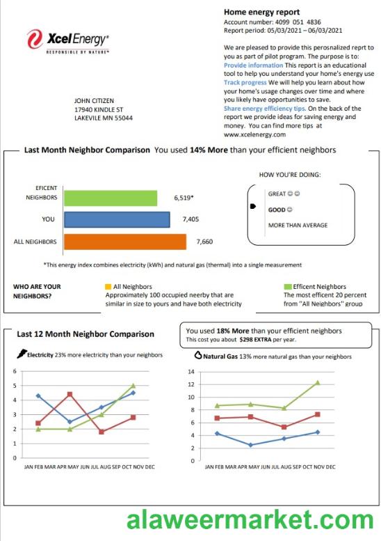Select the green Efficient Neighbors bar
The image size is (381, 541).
110,198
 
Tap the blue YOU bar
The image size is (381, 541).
116,219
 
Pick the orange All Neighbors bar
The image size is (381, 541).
124,242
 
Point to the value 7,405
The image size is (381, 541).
190,219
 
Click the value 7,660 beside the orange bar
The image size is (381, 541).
205,242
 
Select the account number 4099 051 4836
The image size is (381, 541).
302,22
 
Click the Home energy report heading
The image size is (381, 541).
261,12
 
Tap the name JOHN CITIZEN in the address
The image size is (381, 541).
94,101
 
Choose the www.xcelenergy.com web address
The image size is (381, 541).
255,134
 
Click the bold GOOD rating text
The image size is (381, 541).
277,209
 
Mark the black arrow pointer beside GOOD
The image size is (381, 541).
253,207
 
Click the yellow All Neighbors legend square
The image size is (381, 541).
107,286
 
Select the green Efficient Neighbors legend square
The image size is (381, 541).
287,286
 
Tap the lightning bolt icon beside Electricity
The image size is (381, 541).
21,354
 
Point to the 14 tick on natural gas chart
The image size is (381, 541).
190,371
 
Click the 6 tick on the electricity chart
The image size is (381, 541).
15,371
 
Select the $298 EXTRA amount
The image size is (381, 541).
243,340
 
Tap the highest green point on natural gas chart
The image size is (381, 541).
317,382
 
